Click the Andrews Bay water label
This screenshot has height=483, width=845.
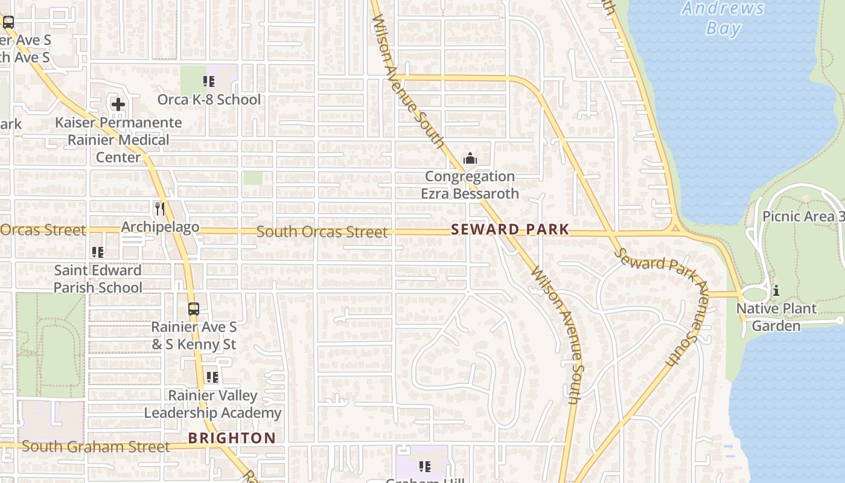coord(723,18)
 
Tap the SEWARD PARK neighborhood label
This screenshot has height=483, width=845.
coord(510,229)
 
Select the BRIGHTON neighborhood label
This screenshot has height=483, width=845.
coord(232,438)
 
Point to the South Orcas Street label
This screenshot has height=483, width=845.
coord(322,232)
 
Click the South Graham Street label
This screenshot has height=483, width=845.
coord(96,447)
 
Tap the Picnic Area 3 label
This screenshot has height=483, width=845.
coord(803,216)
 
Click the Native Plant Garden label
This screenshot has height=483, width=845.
coord(776,317)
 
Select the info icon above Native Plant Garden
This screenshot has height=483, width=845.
coord(776,290)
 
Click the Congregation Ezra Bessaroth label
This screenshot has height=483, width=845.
coord(470,185)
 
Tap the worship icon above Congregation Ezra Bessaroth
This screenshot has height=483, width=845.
coord(470,159)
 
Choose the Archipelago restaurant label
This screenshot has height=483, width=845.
coord(160,227)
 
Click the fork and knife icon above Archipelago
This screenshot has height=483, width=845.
coord(160,209)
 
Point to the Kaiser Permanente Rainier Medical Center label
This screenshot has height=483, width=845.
coord(118,139)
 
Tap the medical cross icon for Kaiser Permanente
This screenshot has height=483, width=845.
coord(118,104)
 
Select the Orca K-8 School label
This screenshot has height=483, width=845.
coord(209,99)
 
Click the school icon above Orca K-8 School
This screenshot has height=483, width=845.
coord(209,82)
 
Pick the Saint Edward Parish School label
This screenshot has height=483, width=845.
coord(98,278)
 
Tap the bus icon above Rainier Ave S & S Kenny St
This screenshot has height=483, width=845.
coord(193,309)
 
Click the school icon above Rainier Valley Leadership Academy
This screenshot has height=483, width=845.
coord(212,377)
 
